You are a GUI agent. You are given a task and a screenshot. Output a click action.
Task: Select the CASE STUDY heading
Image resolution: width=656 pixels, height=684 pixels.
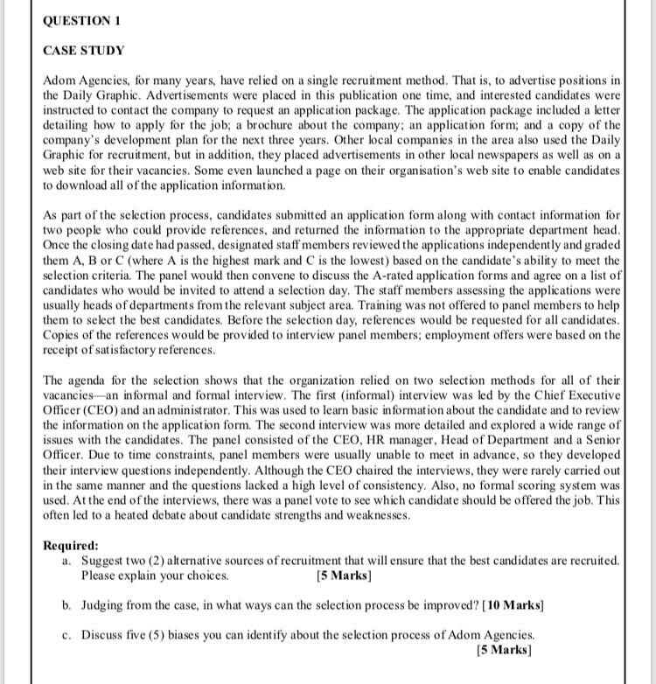click(84, 51)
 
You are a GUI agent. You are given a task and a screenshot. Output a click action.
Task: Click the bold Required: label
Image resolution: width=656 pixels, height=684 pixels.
click(71, 545)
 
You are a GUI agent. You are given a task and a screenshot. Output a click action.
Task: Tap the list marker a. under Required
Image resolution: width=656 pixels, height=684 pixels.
click(68, 561)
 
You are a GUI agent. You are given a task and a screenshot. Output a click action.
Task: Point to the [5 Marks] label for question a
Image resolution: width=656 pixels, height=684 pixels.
click(344, 576)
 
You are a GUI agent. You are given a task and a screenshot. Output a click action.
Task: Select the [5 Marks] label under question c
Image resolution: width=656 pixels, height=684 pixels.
click(504, 650)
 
